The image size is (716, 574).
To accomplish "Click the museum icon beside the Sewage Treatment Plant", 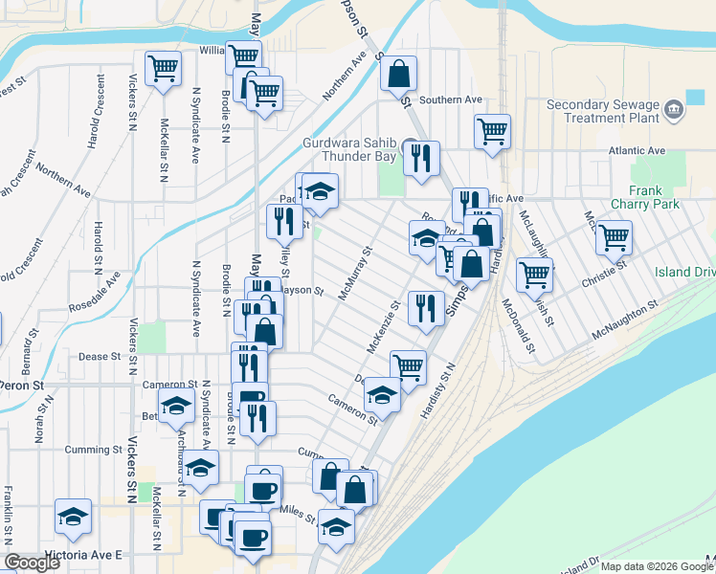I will pos(675,110).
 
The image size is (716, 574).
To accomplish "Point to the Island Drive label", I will pos(684,273).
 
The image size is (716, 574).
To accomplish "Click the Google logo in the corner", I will pos(33,563).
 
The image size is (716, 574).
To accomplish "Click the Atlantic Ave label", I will pos(637,151).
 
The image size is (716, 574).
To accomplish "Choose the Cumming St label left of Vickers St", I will pos(94,450).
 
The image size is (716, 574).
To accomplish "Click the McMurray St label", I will pos(354,275).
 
